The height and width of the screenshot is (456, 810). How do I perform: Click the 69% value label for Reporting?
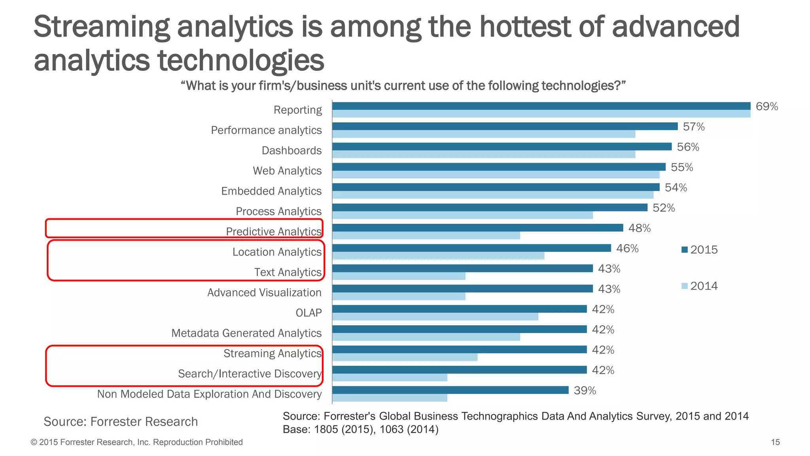[766, 106]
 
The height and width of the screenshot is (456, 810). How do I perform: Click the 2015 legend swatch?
[685, 250]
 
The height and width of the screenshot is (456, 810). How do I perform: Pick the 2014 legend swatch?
[685, 286]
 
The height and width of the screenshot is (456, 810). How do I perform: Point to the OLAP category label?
[308, 313]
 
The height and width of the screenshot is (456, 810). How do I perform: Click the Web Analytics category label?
[287, 171]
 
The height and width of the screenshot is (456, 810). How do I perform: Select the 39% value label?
[585, 391]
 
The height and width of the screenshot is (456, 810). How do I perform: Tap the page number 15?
[775, 442]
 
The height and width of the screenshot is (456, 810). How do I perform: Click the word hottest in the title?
[525, 27]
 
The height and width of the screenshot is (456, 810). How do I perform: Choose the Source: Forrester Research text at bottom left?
[121, 422]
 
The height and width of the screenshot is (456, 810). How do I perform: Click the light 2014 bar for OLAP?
[435, 317]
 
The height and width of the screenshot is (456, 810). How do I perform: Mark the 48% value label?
[639, 228]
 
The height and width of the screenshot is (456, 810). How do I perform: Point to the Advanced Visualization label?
[264, 293]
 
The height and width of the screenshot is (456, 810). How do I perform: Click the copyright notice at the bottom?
[137, 442]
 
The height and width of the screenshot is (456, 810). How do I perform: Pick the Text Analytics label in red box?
[288, 272]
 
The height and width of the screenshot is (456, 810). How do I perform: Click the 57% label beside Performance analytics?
[694, 127]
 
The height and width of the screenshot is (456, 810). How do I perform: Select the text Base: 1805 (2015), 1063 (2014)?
[360, 429]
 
